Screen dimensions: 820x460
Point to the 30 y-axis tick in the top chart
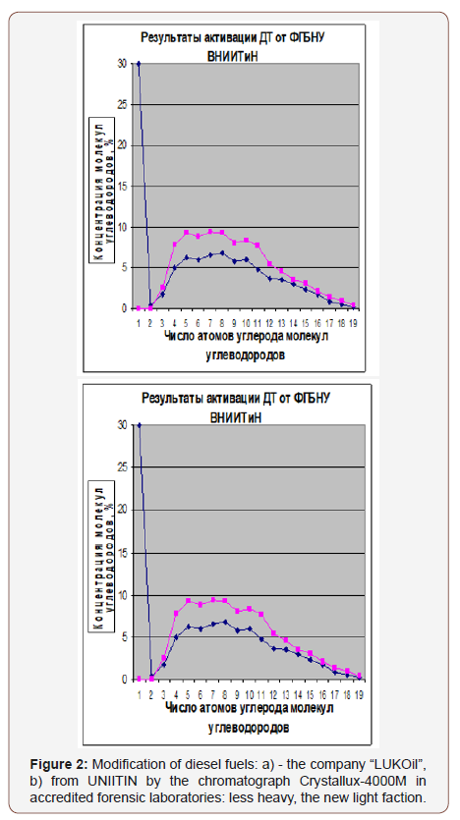[x=121, y=64]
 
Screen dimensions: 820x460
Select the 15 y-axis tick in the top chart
[x=121, y=187]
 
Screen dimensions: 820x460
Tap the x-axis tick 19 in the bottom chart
[x=360, y=692]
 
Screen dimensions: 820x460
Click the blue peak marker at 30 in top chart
[x=139, y=64]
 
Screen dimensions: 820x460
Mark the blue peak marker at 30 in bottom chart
[x=140, y=425]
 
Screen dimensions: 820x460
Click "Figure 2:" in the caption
[x=68, y=763]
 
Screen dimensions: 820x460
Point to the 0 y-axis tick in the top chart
[x=123, y=308]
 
